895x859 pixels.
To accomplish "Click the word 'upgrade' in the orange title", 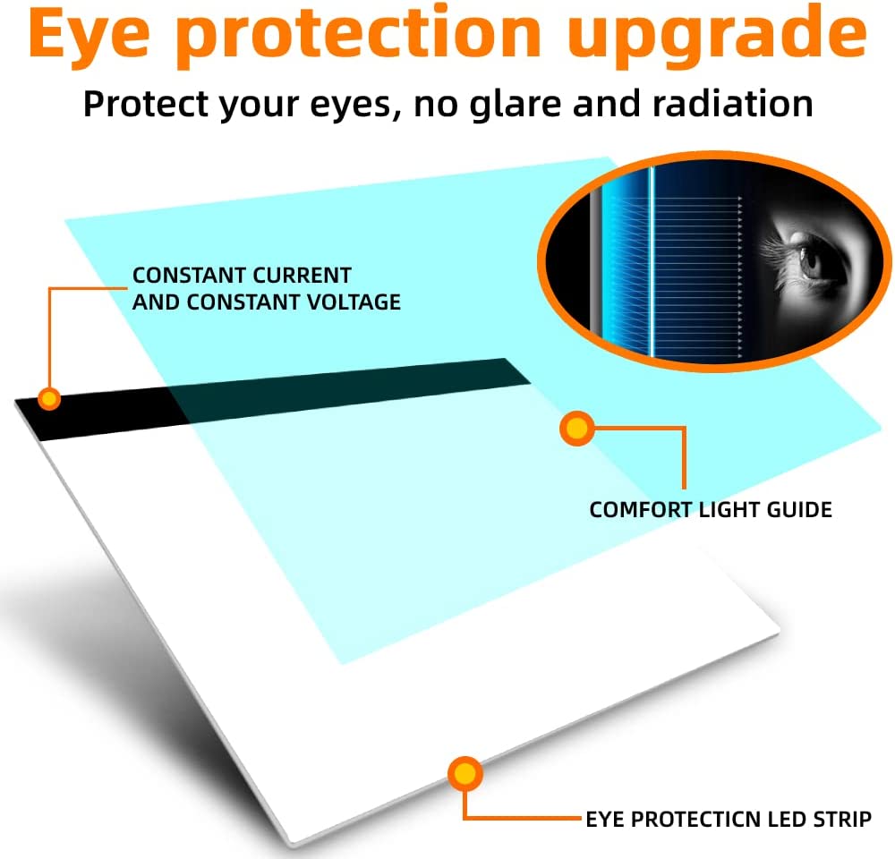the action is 717,37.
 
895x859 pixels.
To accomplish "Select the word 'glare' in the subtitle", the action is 515,106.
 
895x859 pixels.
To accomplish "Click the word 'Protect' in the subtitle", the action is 146,104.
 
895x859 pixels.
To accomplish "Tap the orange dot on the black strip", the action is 49,398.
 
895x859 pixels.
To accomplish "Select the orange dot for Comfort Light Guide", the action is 577,428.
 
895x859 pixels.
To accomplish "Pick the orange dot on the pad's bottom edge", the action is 465,774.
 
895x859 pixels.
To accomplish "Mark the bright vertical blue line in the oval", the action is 652,261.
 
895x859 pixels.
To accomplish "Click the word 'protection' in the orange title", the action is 359,37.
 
